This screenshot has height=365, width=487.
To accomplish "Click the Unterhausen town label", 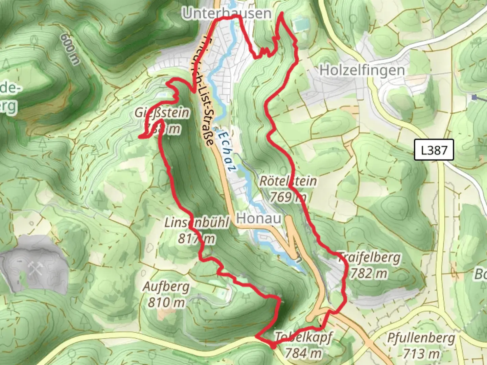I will [x=226, y=14].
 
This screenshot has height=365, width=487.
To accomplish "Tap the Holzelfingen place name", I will [x=362, y=70].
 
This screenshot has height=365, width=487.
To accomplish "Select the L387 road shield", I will [x=434, y=150].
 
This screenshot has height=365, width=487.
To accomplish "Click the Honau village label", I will [x=259, y=218].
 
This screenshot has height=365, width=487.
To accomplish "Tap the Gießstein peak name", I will [x=162, y=113].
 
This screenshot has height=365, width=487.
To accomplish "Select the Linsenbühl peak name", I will [x=196, y=223].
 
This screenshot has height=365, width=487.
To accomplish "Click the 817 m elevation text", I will [x=196, y=239].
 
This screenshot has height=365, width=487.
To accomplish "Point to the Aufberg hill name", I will [x=166, y=287].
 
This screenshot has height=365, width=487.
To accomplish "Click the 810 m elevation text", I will [x=166, y=302].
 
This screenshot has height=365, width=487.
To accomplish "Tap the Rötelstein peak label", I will [x=288, y=181].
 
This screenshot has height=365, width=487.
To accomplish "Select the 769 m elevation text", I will [x=288, y=197].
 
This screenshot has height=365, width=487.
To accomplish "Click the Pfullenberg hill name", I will [x=421, y=338].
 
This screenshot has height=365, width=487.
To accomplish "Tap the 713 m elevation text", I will [x=421, y=354].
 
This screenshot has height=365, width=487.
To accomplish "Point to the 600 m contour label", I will [x=70, y=49].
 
